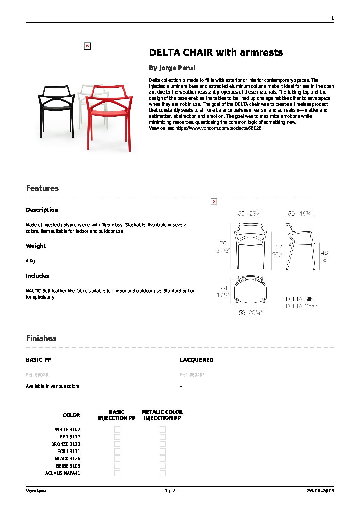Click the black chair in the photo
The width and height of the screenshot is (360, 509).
(56, 109)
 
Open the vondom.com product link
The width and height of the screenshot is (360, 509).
(218, 128)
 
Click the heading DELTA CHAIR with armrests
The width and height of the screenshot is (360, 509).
(216, 53)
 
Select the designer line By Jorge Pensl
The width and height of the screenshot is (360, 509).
(172, 68)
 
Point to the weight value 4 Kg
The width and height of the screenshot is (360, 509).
(30, 261)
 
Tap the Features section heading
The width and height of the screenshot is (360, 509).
(42, 188)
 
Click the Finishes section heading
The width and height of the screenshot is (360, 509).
(41, 338)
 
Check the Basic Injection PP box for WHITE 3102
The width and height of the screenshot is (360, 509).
(117, 430)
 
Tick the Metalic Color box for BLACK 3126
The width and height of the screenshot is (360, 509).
(163, 459)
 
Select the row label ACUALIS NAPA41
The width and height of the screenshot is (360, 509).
(63, 473)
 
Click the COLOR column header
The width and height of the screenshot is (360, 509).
(71, 415)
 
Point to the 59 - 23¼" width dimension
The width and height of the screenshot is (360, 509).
(250, 214)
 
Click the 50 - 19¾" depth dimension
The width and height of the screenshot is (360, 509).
(299, 214)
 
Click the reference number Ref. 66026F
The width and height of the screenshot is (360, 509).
(192, 375)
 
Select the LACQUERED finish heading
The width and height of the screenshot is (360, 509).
(197, 360)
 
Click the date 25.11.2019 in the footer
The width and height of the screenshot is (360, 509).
(320, 491)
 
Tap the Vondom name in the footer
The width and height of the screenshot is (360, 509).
(35, 491)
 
